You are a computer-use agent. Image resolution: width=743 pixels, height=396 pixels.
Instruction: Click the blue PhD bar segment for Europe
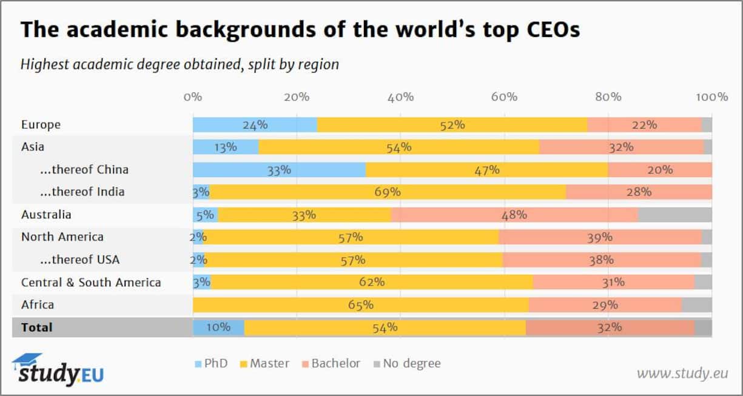pos(255,125)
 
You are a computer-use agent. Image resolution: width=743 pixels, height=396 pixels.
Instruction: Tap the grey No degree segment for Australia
pos(674,215)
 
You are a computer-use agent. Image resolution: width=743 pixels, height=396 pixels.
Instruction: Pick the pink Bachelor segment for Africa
pos(605,305)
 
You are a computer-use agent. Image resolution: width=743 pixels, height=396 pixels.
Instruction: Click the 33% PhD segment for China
pos(279,170)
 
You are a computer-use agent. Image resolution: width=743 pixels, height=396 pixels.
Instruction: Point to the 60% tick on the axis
pos(504,97)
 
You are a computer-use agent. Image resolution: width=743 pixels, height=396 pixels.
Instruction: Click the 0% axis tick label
pos(193,97)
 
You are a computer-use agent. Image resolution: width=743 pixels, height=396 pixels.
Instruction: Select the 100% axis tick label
pos(711,97)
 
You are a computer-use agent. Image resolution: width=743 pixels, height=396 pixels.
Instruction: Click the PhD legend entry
pos(210,364)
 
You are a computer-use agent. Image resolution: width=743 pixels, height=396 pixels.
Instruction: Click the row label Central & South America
pos(91,283)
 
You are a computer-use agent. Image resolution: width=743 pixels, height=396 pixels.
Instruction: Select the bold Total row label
pos(37,327)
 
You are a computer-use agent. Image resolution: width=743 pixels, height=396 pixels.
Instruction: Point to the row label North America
pos(62,237)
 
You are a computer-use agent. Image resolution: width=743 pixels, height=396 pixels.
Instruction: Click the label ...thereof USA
pos(79,260)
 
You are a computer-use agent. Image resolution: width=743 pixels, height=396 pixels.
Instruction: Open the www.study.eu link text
pos(682,373)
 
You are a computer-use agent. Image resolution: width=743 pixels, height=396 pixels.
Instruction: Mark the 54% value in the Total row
pos(385,327)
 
